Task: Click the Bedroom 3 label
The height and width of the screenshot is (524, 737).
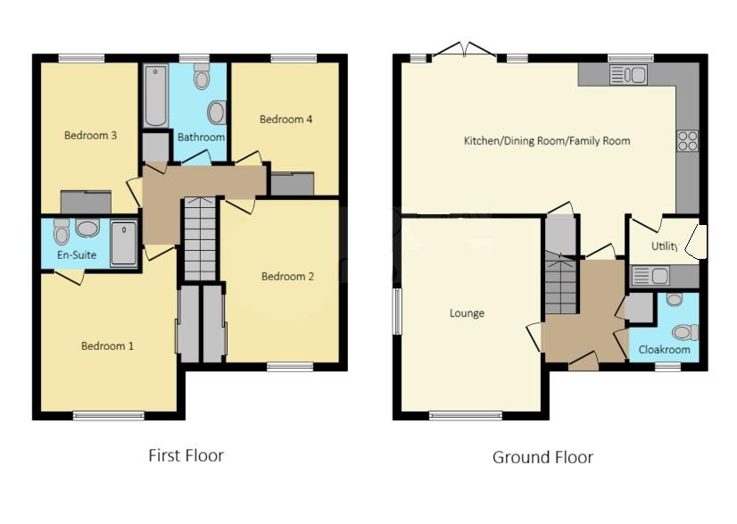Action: point(90,136)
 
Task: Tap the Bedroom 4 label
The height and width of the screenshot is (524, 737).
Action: point(286,119)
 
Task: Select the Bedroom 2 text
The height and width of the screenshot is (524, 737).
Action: point(287,277)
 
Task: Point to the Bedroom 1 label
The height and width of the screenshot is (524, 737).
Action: point(107,345)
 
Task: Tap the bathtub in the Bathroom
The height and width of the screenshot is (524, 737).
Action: point(156,96)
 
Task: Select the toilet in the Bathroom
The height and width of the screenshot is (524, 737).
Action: point(202,78)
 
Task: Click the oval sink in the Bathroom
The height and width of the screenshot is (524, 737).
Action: point(217,112)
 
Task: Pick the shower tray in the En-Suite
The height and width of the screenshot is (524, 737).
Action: point(124,244)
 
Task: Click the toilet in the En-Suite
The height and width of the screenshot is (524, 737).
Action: point(62,233)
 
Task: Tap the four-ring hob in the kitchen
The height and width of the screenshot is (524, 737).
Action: point(688,141)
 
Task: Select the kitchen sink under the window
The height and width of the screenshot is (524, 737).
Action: point(628,75)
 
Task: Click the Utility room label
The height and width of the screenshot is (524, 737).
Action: point(665,245)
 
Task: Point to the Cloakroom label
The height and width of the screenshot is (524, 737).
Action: point(665,350)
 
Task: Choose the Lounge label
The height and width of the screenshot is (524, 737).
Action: point(467,313)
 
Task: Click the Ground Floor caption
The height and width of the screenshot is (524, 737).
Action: point(542,457)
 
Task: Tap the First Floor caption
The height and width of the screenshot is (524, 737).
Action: point(186,455)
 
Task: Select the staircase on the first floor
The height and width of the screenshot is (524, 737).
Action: point(200,239)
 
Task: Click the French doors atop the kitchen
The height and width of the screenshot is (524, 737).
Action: point(465,51)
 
